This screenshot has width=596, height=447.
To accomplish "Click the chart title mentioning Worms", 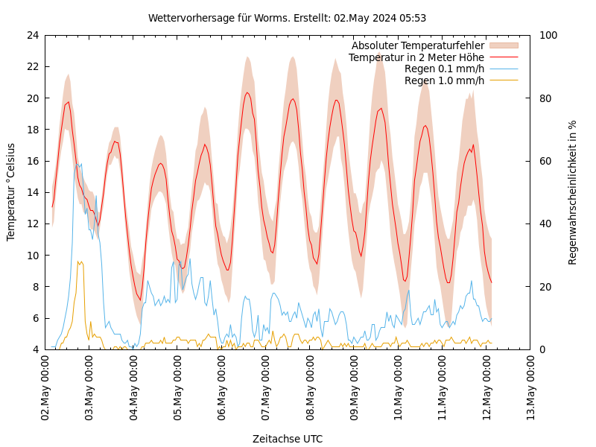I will [287, 18].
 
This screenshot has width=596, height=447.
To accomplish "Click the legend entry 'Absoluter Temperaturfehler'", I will [417, 45].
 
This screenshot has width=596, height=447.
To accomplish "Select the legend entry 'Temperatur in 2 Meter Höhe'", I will [416, 57].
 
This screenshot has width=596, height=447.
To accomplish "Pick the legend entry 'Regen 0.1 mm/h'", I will [444, 69].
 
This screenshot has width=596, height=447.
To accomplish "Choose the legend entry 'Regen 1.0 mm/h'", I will [444, 80].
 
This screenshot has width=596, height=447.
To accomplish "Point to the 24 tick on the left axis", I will [32, 35].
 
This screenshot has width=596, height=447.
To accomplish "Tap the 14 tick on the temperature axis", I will [32, 192].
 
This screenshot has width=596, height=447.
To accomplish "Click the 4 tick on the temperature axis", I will [36, 349].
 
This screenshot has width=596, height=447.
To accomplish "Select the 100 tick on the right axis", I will [548, 35].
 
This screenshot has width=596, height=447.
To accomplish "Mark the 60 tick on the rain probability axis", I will [545, 161].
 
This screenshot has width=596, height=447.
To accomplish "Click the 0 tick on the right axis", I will [542, 349].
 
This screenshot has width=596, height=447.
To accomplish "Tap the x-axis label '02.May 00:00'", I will [45, 387].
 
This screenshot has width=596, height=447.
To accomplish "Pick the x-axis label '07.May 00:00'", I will [266, 387].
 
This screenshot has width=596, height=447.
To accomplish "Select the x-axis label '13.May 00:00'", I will [531, 387].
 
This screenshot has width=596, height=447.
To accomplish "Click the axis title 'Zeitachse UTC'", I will [287, 439].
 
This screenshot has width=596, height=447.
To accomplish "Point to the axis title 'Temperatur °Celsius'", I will [11, 192].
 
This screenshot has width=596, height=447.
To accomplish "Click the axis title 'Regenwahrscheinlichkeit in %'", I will [573, 192].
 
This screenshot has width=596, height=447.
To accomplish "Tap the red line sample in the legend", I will [504, 57].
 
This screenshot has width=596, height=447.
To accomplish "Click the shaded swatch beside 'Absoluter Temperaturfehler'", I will [504, 45].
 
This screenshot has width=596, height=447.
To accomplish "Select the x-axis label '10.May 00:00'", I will [399, 387].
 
